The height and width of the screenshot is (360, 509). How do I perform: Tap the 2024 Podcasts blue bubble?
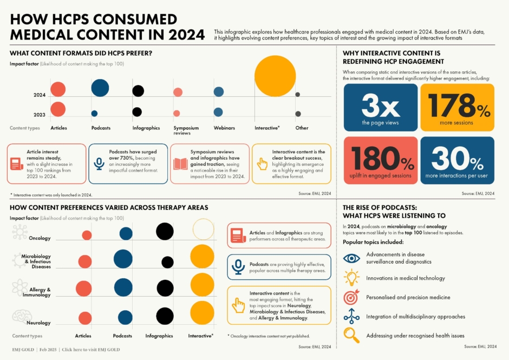100,87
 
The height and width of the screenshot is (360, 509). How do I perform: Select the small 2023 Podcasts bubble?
94,114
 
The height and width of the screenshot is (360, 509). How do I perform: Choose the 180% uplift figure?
380,158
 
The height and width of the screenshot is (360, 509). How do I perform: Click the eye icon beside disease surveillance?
351,258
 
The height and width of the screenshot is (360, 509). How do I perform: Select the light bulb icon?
351,278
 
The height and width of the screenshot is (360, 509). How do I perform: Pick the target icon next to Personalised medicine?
351,297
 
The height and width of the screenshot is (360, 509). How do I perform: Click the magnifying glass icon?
351,335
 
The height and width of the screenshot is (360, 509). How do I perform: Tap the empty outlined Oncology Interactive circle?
203,229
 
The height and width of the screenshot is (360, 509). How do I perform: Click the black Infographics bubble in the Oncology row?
165,231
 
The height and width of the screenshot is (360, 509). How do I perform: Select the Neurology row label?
38,323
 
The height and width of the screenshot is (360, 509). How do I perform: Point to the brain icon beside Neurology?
22,316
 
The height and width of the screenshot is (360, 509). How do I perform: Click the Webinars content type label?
224,128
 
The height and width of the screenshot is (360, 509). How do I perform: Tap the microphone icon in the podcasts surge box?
99,163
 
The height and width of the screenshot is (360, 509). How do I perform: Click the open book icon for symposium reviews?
180,163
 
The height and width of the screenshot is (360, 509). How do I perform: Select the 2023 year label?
40,114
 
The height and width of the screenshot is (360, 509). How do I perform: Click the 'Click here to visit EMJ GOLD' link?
91,350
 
